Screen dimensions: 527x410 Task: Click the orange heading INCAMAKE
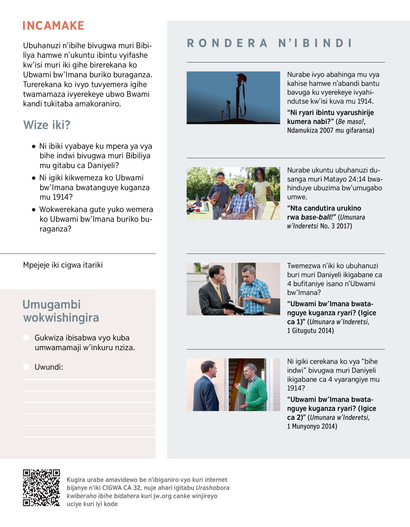tap(53, 26)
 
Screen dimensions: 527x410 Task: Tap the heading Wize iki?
tap(47, 125)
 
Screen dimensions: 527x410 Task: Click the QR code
tap(41, 488)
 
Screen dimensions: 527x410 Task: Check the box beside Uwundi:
tap(26, 367)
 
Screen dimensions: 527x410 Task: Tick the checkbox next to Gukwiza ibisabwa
tap(26, 338)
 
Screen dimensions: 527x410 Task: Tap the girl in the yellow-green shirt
tap(261, 191)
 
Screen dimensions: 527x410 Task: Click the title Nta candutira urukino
tap(324, 208)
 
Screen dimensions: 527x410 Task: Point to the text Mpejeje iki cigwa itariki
tap(63, 265)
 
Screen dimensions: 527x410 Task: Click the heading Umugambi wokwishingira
tap(61, 311)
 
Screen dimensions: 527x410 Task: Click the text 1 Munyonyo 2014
tap(312, 426)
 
